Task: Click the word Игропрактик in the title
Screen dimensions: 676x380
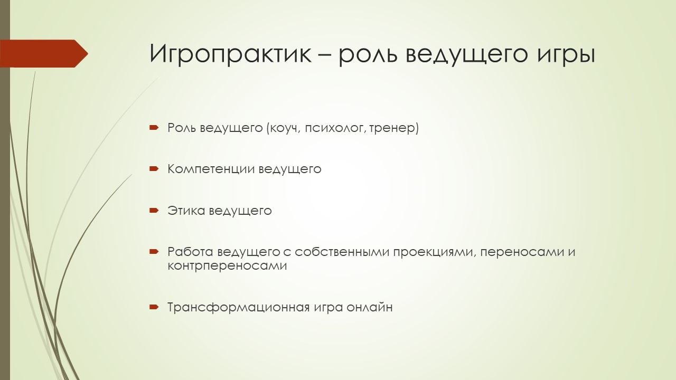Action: click(x=230, y=54)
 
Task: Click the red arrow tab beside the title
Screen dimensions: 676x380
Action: click(x=44, y=53)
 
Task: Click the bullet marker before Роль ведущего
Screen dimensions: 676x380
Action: click(x=154, y=128)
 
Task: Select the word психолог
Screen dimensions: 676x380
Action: click(x=335, y=129)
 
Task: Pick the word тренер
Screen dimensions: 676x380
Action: click(x=392, y=128)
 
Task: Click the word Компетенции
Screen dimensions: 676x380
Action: click(x=211, y=169)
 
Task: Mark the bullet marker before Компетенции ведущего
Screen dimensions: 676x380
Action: click(x=154, y=169)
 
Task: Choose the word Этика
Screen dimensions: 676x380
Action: click(x=186, y=211)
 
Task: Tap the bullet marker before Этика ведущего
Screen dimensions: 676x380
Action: click(x=154, y=211)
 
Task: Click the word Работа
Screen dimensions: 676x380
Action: click(x=190, y=252)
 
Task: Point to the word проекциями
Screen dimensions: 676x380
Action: click(x=435, y=252)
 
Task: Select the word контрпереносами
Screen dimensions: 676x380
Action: click(x=227, y=266)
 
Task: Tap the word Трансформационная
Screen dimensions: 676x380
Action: click(x=239, y=308)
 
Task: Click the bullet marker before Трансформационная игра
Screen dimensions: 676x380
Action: click(x=154, y=307)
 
